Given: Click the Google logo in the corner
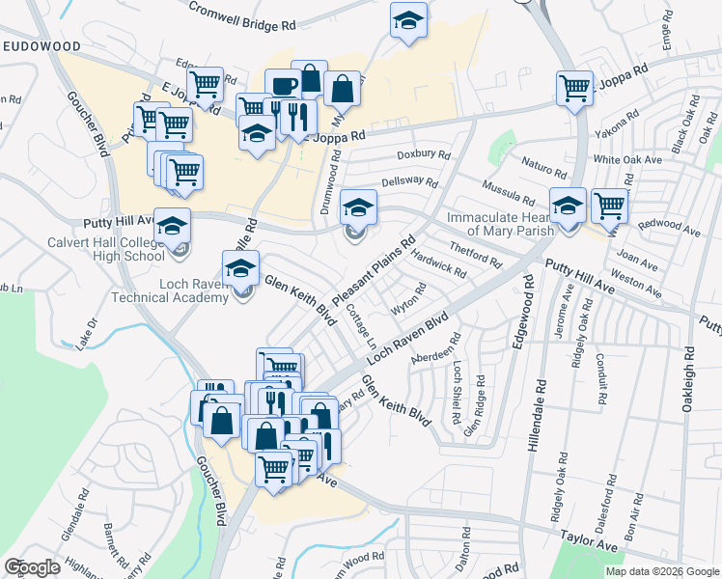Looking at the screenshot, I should click(32, 567).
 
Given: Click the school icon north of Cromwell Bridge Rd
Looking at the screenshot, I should click(408, 19).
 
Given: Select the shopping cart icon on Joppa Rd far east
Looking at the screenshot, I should click(574, 89).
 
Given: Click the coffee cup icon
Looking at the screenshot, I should click(283, 85).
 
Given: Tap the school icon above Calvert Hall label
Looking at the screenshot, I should click(173, 227).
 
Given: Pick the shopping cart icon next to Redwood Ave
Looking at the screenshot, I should click(609, 205).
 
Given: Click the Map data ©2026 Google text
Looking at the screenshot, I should click(661, 571).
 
